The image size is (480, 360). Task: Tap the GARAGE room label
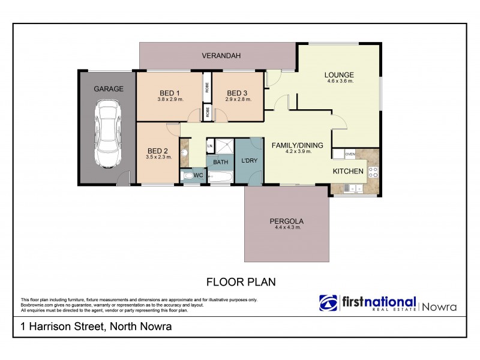coord(108,89)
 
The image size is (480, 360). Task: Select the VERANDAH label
coord(220,56)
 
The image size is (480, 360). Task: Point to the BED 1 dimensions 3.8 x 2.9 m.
coord(170,99)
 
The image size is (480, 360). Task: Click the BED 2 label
coord(158,151)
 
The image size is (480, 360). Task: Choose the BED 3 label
coord(236,92)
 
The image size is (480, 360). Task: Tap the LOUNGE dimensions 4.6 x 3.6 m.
coord(339,81)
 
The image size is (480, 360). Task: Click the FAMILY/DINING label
coord(298,145)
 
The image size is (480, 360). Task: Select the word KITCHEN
coord(349,172)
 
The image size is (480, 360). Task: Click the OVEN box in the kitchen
coord(350,154)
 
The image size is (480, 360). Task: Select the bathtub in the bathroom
coord(221,176)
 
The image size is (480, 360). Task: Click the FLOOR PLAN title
coord(241,281)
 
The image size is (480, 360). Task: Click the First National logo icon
coord(328,304)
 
